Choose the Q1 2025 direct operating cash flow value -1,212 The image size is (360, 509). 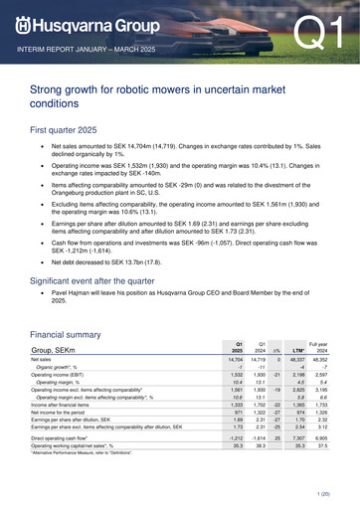(x=234, y=437)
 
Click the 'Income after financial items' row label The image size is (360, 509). (x=69, y=405)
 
